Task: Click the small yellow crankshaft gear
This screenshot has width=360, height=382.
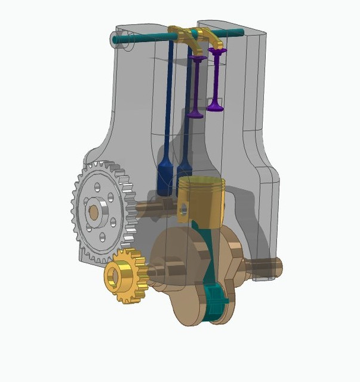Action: pyautogui.click(x=124, y=276)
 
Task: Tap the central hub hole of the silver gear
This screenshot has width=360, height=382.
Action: pyautogui.click(x=94, y=211)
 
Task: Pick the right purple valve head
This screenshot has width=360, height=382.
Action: pyautogui.click(x=216, y=107)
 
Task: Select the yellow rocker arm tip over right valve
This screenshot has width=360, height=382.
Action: pyautogui.click(x=219, y=47)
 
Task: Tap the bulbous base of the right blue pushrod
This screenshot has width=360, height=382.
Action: pyautogui.click(x=184, y=167)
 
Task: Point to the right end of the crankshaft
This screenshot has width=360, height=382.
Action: pyautogui.click(x=275, y=263)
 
